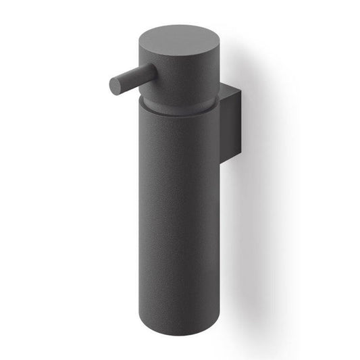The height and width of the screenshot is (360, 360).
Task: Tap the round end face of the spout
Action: coord(115,86)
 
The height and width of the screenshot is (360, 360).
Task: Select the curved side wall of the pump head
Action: coord(179,74)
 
